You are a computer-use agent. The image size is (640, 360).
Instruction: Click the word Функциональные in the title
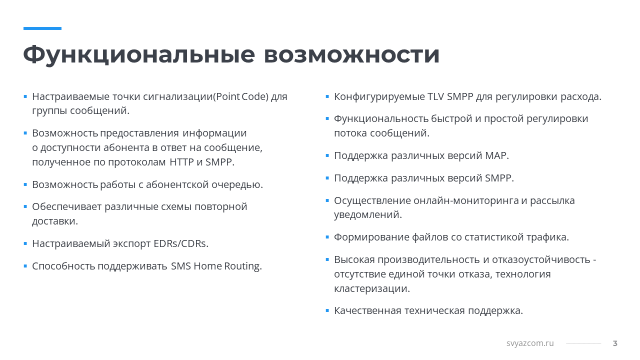(139, 54)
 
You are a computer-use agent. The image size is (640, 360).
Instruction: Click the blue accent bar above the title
(42, 28)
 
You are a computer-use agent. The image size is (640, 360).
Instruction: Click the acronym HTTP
(181, 162)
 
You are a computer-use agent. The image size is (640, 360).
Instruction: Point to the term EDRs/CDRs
(181, 243)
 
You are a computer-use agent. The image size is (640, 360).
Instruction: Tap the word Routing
(243, 266)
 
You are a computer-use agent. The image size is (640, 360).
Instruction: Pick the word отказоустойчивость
(541, 259)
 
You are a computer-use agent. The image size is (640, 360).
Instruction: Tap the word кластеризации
(371, 288)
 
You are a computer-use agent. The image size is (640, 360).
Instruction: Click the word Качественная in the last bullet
(367, 310)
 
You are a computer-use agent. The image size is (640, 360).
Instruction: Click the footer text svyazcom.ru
(530, 343)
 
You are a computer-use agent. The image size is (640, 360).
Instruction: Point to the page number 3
(615, 343)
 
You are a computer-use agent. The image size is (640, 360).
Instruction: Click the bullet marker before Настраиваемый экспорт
(25, 243)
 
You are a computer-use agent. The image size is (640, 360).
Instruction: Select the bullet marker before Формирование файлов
(327, 237)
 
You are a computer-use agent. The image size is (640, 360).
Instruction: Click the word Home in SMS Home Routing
(207, 266)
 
